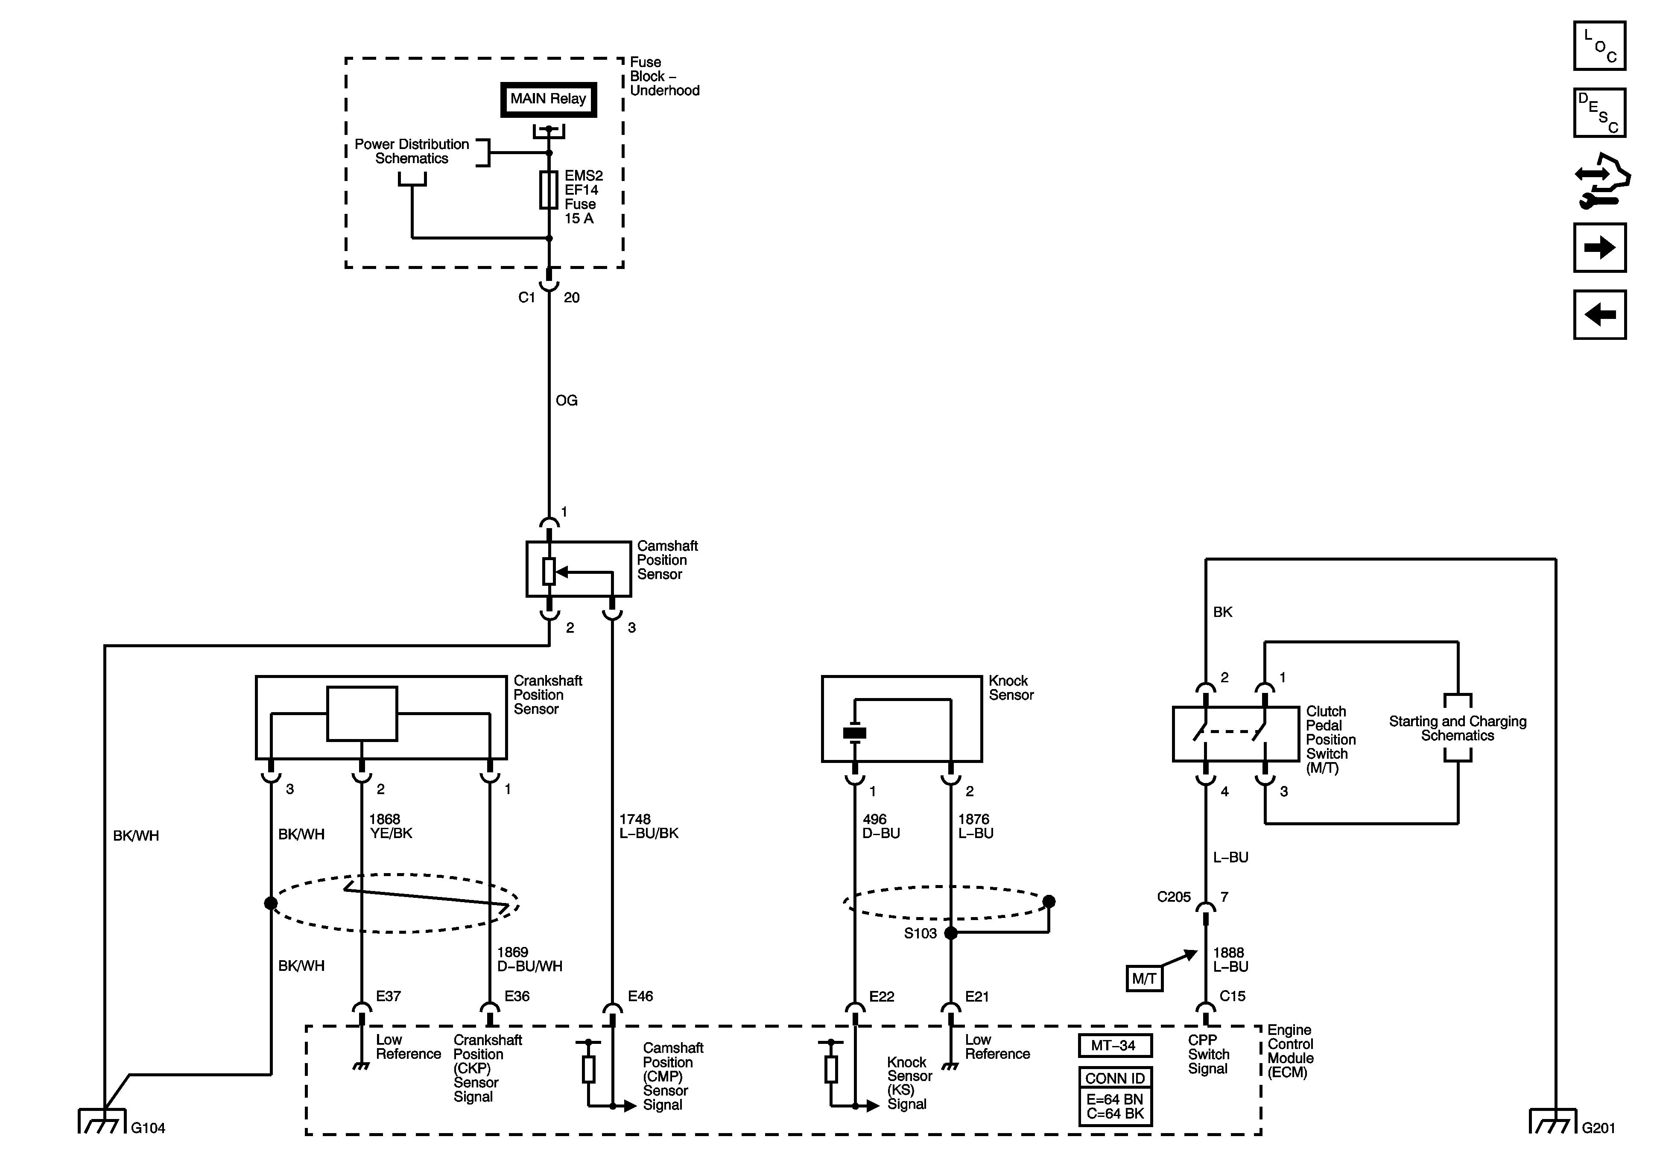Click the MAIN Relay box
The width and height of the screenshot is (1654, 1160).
coord(548,99)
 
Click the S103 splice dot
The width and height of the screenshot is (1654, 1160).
coord(951,933)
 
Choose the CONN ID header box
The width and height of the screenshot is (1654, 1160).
coord(1115,1078)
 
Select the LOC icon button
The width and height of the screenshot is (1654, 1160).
coord(1599,46)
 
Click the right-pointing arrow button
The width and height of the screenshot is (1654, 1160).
coord(1599,248)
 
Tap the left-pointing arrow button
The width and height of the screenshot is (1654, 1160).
coord(1599,314)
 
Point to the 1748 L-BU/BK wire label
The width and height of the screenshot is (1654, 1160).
coord(649,827)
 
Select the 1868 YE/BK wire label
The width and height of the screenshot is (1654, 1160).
coord(391,827)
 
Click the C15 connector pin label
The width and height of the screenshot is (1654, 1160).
coord(1232,996)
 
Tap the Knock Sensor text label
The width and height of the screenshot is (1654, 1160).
coord(1011,688)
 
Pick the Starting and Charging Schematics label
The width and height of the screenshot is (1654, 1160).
coord(1457,728)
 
